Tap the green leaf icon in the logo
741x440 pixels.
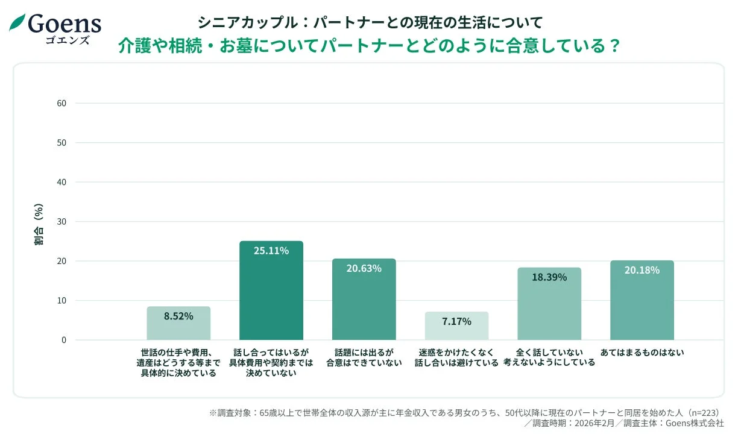(x=17, y=22)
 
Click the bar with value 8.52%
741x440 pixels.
(x=178, y=324)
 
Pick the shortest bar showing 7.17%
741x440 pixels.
(x=456, y=326)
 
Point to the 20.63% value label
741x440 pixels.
(x=364, y=268)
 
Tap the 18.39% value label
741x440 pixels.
(x=549, y=277)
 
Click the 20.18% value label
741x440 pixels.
(x=642, y=270)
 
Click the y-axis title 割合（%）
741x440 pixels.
(x=39, y=224)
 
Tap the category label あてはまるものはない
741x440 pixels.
(x=642, y=353)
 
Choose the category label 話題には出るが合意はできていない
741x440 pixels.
(x=364, y=357)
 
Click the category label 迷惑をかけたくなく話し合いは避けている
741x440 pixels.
(x=456, y=357)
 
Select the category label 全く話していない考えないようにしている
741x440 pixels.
(x=549, y=357)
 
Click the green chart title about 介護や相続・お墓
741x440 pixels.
(x=370, y=46)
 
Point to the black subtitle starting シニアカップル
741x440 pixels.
(x=370, y=22)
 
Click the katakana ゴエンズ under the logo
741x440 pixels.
(x=67, y=40)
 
